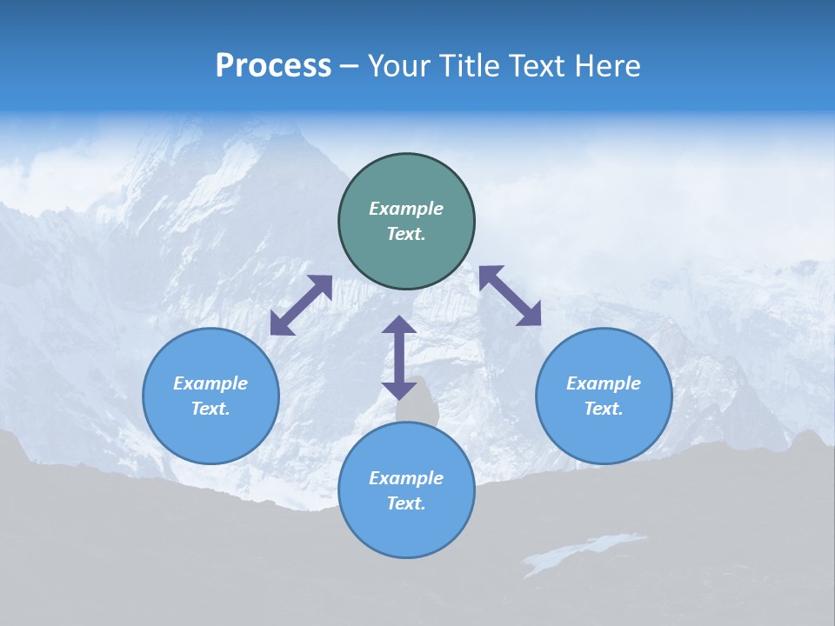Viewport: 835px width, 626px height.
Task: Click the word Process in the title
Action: tap(273, 66)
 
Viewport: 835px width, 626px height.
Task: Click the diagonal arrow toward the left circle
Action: tap(301, 305)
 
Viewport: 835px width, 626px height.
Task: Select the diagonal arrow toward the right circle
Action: tap(510, 296)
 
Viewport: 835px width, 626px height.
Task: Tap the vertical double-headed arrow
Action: tap(399, 357)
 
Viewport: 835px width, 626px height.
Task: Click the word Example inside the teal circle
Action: tap(406, 209)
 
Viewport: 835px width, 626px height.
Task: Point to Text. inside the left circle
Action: tap(210, 409)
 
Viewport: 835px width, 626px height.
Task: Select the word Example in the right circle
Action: tap(604, 383)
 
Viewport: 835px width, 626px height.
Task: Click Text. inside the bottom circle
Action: tap(406, 503)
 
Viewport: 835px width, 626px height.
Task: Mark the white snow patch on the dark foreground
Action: tap(583, 551)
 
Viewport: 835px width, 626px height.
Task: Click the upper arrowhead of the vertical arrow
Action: tap(399, 325)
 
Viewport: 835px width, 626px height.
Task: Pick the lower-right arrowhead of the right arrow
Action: tap(530, 315)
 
